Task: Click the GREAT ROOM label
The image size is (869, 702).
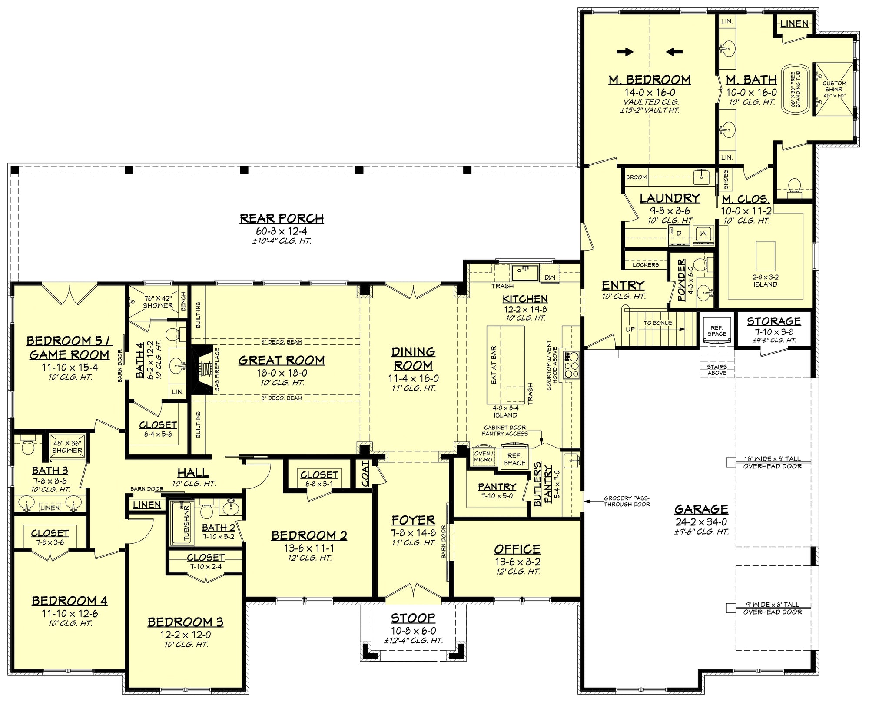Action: [x=282, y=361]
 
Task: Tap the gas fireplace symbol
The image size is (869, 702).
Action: [x=202, y=370]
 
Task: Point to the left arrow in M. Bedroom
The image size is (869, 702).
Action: [x=673, y=52]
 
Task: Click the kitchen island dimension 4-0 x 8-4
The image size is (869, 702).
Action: [x=505, y=408]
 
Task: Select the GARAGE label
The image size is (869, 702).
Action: [x=701, y=509]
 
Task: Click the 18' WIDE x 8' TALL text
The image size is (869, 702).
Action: [x=772, y=459]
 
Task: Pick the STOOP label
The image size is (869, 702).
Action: [x=413, y=618]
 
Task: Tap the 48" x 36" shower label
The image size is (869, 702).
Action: [x=67, y=447]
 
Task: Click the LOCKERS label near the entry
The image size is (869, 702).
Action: [x=646, y=265]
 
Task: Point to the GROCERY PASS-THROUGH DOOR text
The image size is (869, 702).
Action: [x=627, y=501]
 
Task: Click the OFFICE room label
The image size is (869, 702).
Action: [x=517, y=549]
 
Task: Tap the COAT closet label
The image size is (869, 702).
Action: [x=365, y=474]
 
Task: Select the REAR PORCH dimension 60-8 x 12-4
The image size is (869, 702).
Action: [x=282, y=231]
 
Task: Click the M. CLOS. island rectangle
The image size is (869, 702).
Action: [x=765, y=256]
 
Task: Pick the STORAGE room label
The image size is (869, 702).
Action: [x=774, y=321]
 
